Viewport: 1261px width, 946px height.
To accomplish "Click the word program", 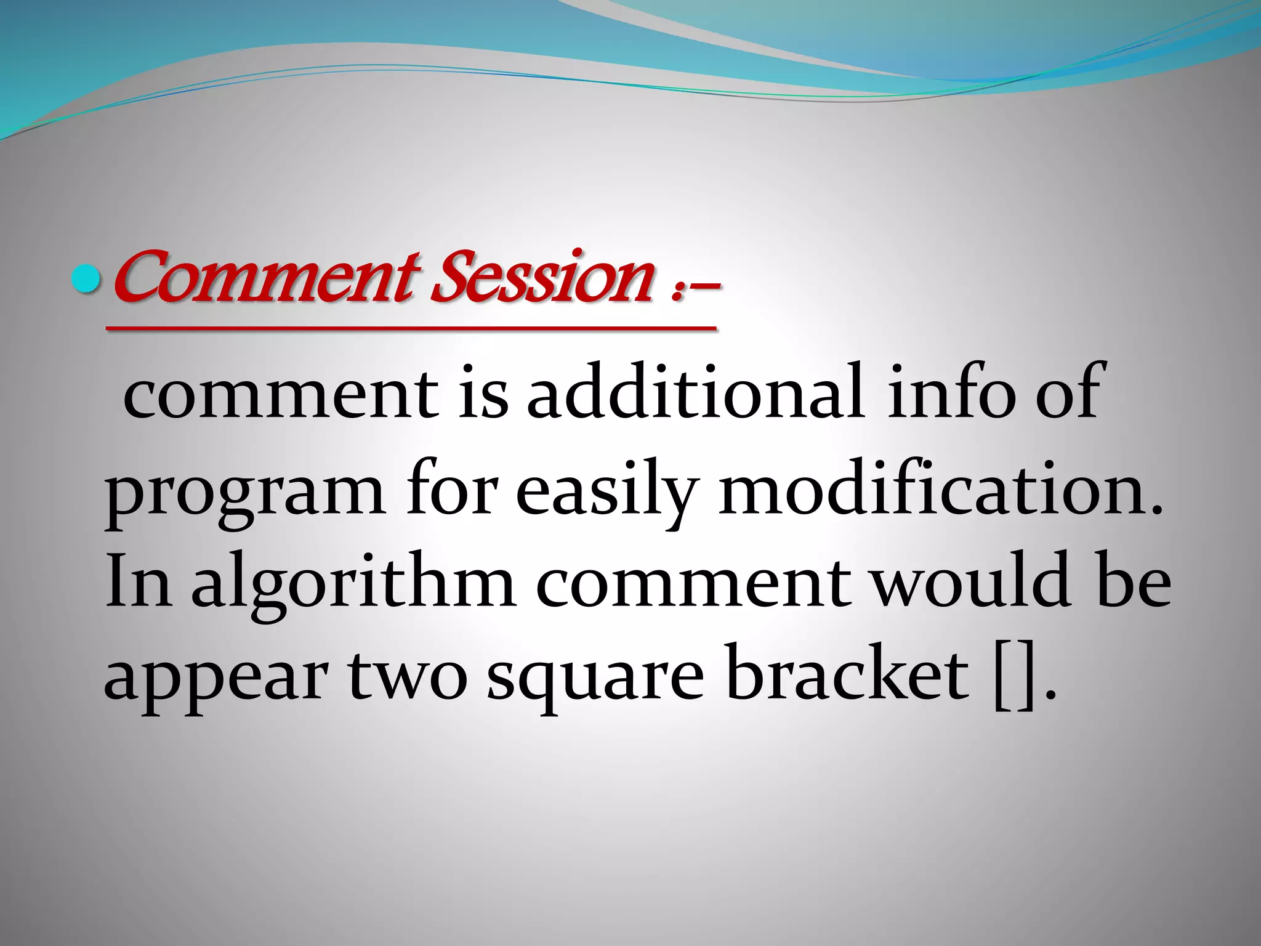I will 244,493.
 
